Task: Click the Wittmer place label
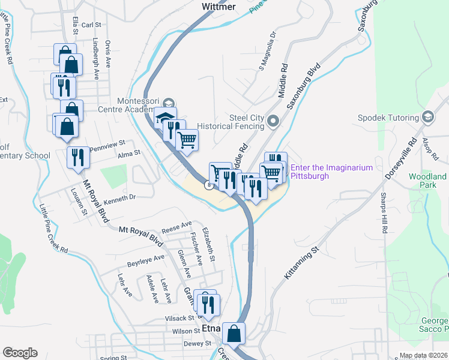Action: point(218,7)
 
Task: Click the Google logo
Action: point(20,352)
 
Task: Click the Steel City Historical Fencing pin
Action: point(273,122)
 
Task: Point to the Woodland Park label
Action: point(427,181)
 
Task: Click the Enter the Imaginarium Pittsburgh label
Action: point(332,172)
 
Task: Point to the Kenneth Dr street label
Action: point(120,196)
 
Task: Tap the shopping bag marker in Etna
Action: point(234,333)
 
